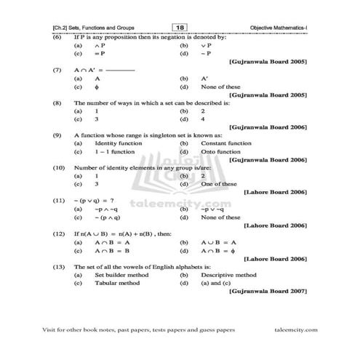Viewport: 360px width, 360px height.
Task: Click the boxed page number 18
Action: pyautogui.click(x=179, y=27)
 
